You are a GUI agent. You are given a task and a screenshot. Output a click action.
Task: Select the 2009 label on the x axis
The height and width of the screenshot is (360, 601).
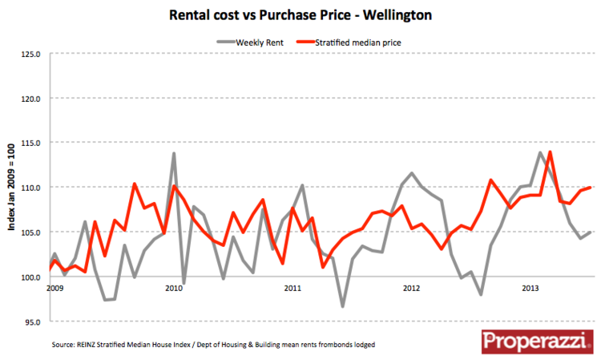click(x=54, y=288)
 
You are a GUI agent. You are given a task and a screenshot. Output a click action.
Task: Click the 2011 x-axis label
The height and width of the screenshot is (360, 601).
click(x=292, y=288)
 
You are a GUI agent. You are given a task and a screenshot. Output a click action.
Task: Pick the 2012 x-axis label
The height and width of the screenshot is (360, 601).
click(x=411, y=288)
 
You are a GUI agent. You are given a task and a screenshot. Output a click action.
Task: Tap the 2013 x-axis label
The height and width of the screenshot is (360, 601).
click(x=530, y=288)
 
